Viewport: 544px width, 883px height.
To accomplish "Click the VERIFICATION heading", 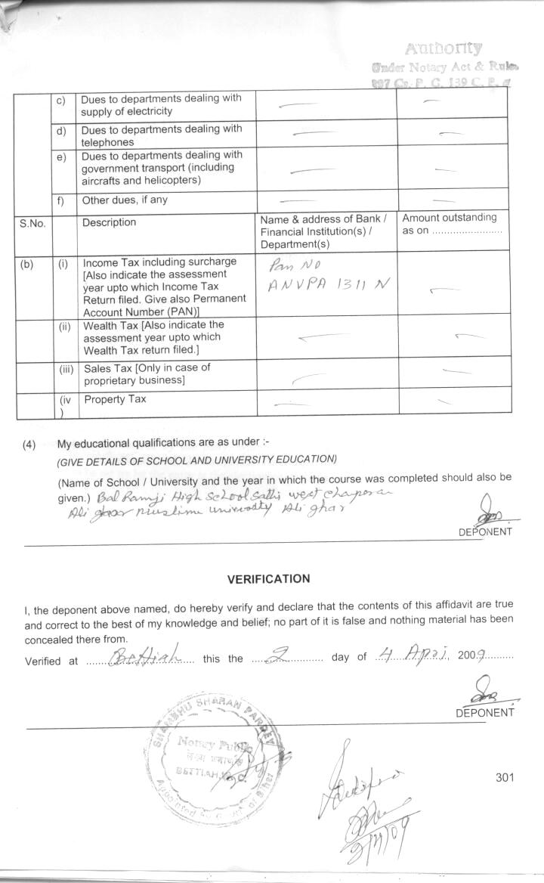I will (x=268, y=579).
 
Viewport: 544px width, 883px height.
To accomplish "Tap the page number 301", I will (x=505, y=778).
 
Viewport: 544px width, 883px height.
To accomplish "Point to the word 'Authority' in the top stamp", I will (x=444, y=48).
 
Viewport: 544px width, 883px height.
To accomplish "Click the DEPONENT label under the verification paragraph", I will (x=484, y=713).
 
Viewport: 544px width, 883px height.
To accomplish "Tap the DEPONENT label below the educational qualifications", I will (x=485, y=531).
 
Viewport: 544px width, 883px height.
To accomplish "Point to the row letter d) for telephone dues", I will (x=62, y=132).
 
